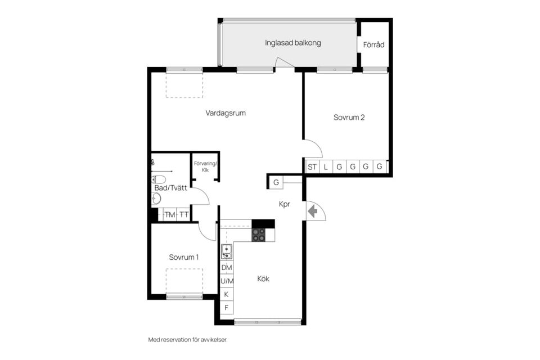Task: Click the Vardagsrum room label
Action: pos(226,113)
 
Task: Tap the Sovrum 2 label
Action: pos(349,118)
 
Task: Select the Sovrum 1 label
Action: pos(183,257)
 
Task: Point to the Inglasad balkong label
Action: pos(292,43)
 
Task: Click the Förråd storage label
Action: pos(373,44)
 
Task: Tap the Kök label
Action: pos(263,278)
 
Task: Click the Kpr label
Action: pos(285,204)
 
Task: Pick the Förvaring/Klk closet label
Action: pos(205,166)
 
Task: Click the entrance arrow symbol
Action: pos(313,211)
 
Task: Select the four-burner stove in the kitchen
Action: pos(259,235)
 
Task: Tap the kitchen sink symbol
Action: pos(226,252)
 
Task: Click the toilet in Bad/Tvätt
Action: pos(159,179)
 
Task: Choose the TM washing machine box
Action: pos(169,215)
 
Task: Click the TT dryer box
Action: pos(184,215)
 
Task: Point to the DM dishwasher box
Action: pos(227,268)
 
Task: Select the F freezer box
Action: pos(226,308)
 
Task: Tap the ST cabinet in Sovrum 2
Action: pos(312,167)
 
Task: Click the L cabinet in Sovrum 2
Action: pos(326,167)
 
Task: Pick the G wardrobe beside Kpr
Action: pos(276,183)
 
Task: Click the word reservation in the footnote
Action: pos(175,340)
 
